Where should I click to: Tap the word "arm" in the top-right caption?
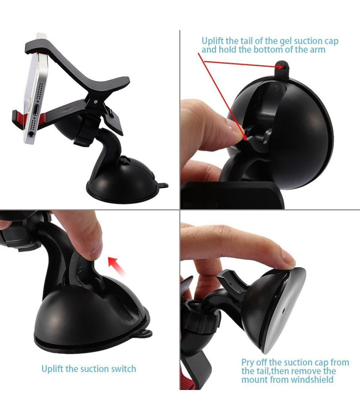pos(318,50)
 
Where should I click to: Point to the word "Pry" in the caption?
pos(248,363)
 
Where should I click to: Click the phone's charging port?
pos(36,110)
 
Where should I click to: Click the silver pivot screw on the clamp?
pos(96,102)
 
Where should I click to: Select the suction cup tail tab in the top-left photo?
pos(162,185)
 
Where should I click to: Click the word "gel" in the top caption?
pos(286,42)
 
